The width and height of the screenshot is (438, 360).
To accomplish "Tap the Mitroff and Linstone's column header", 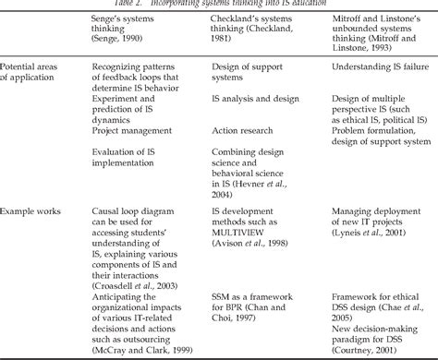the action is (375, 35).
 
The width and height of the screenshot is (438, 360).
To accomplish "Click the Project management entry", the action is (138, 157).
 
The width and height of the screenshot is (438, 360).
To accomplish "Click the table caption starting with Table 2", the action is (219, 4).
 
